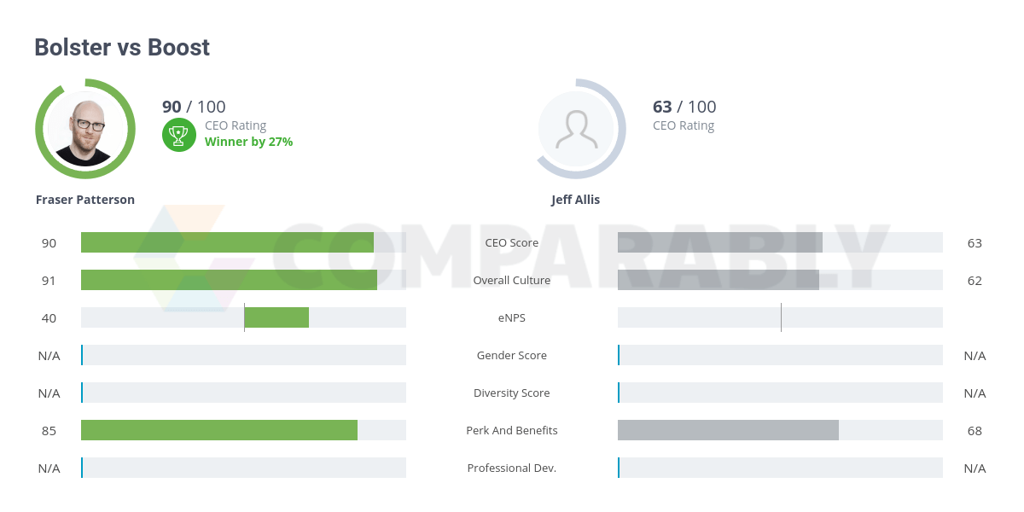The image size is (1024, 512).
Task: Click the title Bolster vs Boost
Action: [122, 48]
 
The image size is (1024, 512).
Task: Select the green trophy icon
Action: [178, 134]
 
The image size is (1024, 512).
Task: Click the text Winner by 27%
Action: [248, 142]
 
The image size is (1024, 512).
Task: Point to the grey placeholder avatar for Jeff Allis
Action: [576, 130]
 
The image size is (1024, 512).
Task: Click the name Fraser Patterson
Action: [85, 200]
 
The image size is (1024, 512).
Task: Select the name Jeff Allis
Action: [575, 200]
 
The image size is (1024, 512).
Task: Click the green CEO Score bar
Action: [227, 242]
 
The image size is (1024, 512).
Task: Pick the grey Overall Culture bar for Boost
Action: [718, 280]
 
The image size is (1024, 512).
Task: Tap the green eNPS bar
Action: [276, 317]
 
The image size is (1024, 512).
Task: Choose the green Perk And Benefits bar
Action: [219, 430]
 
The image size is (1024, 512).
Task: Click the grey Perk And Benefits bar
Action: [728, 430]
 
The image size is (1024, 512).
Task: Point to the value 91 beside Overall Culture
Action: [49, 280]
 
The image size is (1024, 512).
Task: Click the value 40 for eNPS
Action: [49, 317]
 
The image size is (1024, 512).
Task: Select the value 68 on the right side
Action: [975, 430]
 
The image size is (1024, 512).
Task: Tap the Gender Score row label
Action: [512, 355]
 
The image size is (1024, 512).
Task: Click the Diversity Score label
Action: [512, 393]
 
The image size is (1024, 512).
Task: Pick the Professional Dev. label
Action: [512, 468]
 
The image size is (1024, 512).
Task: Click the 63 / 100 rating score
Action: [684, 107]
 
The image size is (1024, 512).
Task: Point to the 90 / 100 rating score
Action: [194, 107]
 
